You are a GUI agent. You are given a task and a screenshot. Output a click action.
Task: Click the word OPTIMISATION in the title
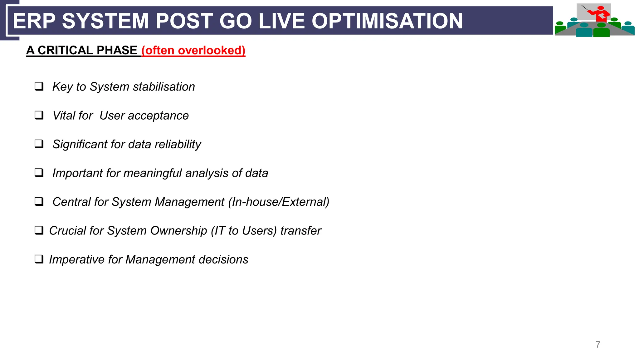387,21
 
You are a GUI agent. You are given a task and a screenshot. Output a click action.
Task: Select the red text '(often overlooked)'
193,50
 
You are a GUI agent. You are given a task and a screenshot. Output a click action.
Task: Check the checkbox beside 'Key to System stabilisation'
39,86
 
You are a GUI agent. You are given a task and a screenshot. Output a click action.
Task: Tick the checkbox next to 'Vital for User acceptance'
39,115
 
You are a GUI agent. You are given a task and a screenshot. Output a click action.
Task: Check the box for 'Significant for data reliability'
39,144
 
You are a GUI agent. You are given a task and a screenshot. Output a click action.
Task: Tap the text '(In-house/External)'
279,202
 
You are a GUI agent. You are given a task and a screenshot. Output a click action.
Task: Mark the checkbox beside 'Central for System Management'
39,201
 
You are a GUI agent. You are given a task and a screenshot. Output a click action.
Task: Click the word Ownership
178,231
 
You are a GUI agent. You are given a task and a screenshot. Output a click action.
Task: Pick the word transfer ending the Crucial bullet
300,231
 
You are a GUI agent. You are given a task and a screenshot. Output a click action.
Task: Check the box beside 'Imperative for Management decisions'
39,259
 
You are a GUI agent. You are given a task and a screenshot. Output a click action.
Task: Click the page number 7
598,344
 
